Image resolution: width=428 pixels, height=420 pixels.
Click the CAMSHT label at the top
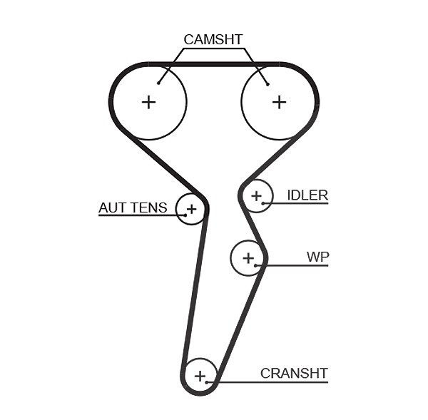213,39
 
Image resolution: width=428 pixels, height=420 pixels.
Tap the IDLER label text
307,195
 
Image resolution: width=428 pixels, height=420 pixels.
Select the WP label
317,257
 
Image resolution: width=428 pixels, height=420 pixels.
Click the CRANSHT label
294,374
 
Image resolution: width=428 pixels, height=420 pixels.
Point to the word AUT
112,208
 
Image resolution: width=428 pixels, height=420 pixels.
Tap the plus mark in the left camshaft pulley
149,103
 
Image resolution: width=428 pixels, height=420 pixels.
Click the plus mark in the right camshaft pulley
279,103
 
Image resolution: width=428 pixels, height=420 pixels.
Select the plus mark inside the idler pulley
256,196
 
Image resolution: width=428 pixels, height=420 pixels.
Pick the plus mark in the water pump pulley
248,258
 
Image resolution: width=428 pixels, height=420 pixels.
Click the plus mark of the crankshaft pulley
200,376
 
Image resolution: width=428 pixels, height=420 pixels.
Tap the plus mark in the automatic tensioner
191,209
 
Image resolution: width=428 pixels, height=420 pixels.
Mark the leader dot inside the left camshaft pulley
158,83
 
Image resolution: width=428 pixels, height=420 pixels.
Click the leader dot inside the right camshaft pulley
267,84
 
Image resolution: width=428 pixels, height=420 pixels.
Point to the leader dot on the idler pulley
263,203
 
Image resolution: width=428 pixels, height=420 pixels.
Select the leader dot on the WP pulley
255,265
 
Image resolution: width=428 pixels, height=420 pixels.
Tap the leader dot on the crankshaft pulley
207,382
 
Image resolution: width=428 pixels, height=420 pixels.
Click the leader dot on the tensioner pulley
185,215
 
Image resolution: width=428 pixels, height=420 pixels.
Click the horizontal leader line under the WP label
292,265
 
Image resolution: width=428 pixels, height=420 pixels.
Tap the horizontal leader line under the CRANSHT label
267,382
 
